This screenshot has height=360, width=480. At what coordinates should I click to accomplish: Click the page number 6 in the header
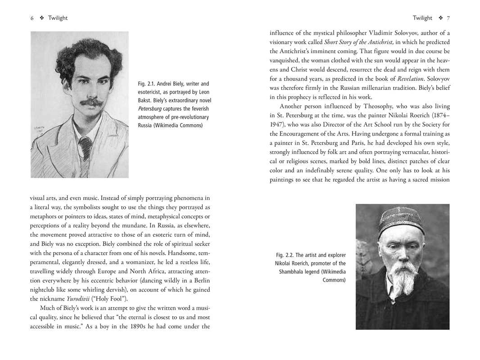tap(32, 18)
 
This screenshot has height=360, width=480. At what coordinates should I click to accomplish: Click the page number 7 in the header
tap(448, 18)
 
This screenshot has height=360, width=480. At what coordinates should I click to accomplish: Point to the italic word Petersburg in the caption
tap(149, 108)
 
